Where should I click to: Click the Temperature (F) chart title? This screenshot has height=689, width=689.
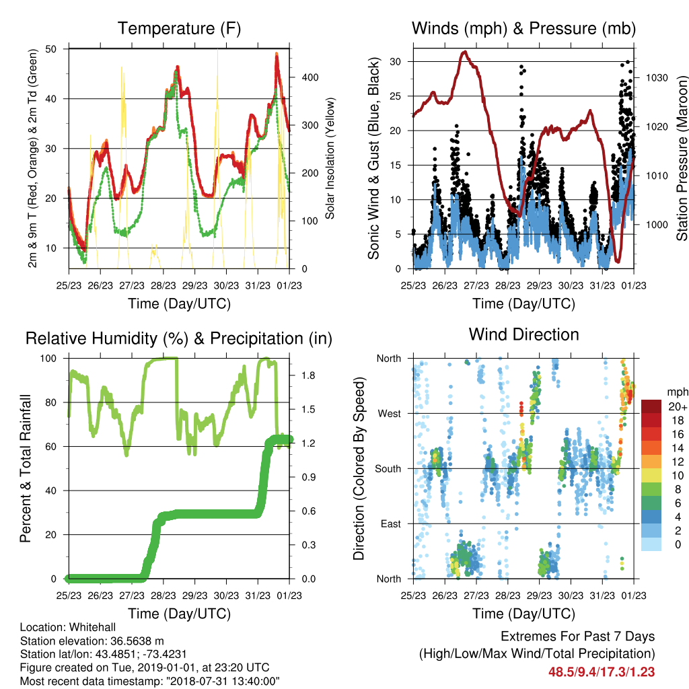179,28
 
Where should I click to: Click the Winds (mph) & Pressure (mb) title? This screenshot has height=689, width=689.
523,28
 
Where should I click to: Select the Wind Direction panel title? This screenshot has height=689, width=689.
523,334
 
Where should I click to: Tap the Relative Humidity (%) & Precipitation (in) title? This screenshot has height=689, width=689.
179,339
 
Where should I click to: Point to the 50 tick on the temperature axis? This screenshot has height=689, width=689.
51,48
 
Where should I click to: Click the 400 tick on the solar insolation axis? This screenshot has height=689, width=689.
310,77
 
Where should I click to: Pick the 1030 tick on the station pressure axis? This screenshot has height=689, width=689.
657,78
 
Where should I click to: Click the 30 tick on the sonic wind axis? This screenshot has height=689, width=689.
396,61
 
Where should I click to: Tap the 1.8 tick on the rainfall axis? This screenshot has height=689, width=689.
308,375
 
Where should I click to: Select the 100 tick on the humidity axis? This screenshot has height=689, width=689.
48,359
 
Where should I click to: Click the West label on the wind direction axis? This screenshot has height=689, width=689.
390,414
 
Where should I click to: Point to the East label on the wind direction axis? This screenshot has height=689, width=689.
391,523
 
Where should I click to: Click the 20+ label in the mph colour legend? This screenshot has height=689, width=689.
678,406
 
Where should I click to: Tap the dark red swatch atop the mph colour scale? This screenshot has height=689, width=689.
651,406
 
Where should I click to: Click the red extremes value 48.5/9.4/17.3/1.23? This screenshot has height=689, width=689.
602,672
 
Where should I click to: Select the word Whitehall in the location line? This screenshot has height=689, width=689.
93,627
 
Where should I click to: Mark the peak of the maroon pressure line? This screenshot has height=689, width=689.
465,52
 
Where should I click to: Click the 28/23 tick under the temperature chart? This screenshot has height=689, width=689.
164,285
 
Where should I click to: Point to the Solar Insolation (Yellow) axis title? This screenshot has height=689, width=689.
330,158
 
